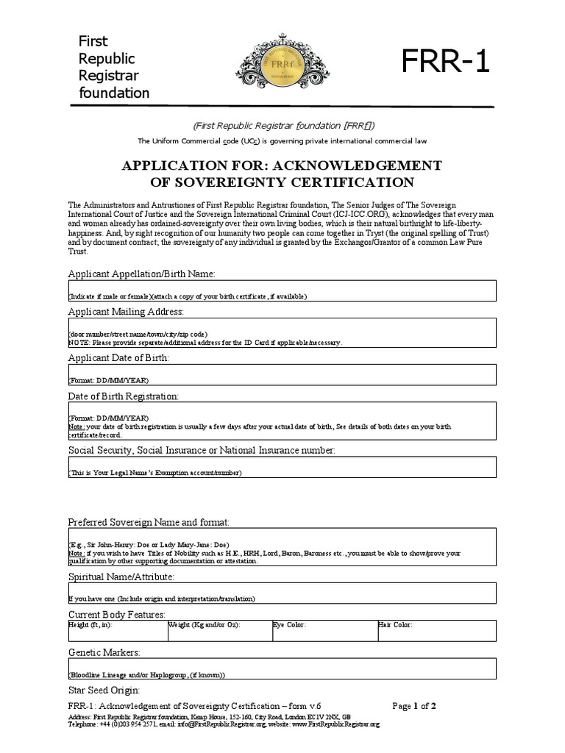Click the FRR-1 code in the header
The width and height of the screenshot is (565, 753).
pyautogui.click(x=445, y=63)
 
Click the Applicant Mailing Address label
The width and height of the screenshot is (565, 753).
pyautogui.click(x=126, y=312)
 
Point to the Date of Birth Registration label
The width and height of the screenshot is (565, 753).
pyautogui.click(x=123, y=396)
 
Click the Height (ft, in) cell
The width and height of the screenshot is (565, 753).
pyautogui.click(x=118, y=630)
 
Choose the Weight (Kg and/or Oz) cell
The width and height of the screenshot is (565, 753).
pyautogui.click(x=219, y=630)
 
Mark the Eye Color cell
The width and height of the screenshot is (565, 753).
pyautogui.click(x=324, y=630)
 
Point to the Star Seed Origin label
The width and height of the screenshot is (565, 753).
pyautogui.click(x=104, y=690)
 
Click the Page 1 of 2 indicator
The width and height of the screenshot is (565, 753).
pyautogui.click(x=414, y=707)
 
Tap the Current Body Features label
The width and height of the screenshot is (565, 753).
pyautogui.click(x=116, y=615)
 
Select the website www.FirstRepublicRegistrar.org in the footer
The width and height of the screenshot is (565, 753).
pyautogui.click(x=335, y=724)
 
